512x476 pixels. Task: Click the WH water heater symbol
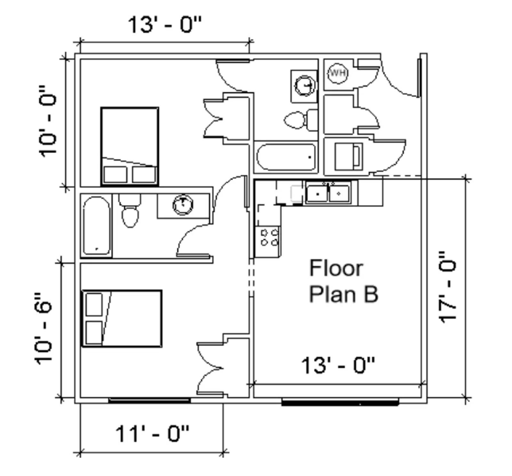pos(338,73)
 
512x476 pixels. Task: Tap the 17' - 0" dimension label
pos(447,287)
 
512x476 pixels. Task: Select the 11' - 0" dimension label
pos(152,434)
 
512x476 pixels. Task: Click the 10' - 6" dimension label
pos(44,328)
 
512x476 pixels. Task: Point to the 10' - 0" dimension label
pos(48,121)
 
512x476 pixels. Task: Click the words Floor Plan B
pos(343,281)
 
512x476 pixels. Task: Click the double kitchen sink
pos(328,193)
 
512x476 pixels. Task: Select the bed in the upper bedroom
pos(130,146)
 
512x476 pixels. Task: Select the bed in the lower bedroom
pos(122,318)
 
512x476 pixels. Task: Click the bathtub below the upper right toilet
pos(286,157)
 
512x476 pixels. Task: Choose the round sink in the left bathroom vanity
pos(183,205)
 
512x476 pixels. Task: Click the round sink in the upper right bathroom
pos(304,85)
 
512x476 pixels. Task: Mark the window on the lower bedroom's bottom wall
pos(149,400)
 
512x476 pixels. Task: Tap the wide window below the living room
pos(340,402)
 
